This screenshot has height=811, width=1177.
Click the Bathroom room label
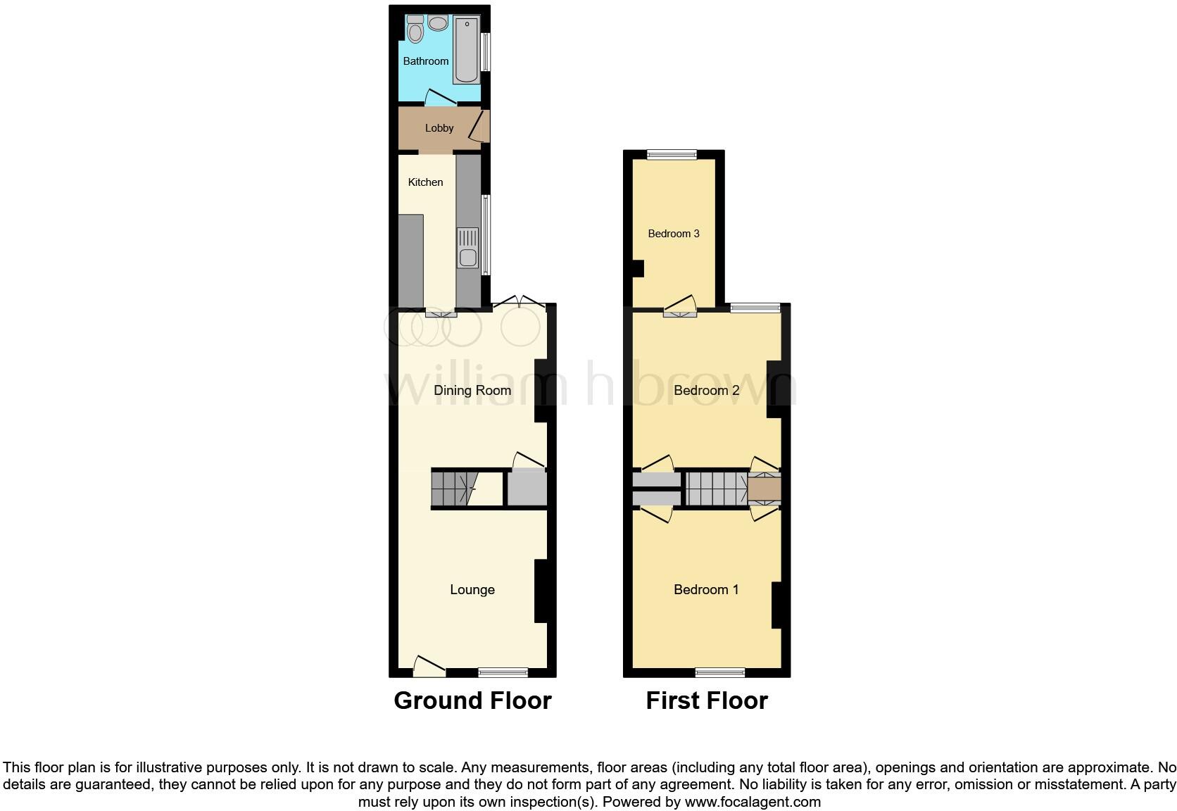click(425, 61)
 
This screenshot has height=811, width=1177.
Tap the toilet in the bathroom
click(415, 30)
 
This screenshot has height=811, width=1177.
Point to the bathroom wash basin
click(438, 23)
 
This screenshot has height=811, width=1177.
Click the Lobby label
click(439, 128)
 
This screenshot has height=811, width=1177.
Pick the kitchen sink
click(467, 248)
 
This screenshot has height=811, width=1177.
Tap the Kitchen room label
click(425, 182)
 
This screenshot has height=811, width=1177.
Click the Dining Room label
click(472, 391)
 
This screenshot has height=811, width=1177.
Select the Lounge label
click(472, 590)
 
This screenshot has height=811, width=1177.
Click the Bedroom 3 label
click(674, 234)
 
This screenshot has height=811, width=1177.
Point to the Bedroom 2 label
click(706, 391)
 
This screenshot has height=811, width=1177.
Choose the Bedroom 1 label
click(706, 590)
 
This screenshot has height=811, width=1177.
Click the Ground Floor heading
click(472, 700)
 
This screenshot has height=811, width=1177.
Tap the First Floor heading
click(706, 700)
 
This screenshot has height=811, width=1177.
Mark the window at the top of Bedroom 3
click(672, 155)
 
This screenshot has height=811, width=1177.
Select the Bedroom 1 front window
click(720, 672)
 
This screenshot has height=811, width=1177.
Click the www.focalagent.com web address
click(753, 801)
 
